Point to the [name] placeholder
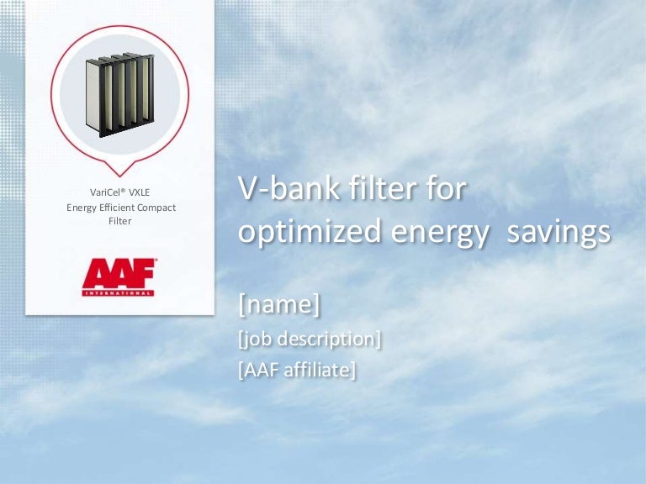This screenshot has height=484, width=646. pyautogui.click(x=279, y=303)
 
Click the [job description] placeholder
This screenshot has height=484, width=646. pyautogui.click(x=310, y=339)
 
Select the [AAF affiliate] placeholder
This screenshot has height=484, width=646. pyautogui.click(x=297, y=370)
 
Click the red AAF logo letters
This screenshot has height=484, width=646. pyautogui.click(x=119, y=274)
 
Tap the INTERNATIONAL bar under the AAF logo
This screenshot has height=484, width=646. pyautogui.click(x=118, y=293)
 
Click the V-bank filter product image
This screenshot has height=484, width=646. pyautogui.click(x=119, y=95)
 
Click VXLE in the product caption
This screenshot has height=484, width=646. pyautogui.click(x=139, y=192)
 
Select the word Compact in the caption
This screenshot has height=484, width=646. pyautogui.click(x=156, y=208)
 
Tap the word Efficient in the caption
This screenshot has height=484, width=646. pyautogui.click(x=117, y=208)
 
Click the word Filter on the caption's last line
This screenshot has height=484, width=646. pyautogui.click(x=120, y=221)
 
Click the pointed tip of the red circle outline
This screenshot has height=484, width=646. pyautogui.click(x=120, y=176)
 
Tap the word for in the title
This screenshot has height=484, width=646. pyautogui.click(x=446, y=188)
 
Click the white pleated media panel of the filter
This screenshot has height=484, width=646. pyautogui.click(x=93, y=95)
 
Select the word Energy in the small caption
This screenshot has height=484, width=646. pyautogui.click(x=82, y=208)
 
